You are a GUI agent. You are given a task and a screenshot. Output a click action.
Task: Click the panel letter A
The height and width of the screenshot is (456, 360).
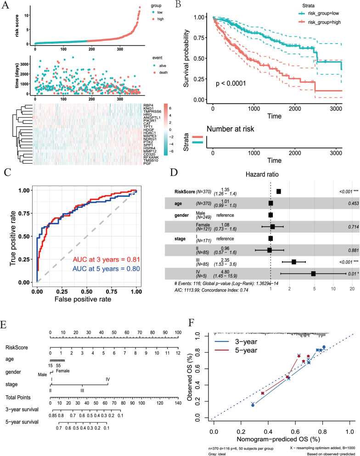[x=6, y=5]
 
